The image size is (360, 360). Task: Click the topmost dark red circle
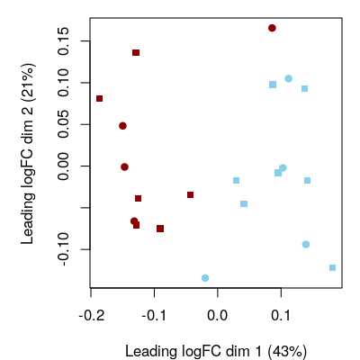coord(272,28)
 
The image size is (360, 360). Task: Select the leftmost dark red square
coord(99,98)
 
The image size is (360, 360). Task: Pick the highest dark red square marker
coord(136,53)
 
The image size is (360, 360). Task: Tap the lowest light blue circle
coord(205,278)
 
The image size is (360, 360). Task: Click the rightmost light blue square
coord(333,267)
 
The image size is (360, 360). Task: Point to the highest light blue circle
coord(288,78)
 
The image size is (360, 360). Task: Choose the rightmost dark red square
coord(190,194)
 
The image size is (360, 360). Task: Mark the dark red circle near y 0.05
coord(122,126)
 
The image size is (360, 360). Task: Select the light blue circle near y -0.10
coord(306,245)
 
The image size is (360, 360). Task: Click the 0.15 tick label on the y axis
coord(62,40)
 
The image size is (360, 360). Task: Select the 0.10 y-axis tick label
coord(62,83)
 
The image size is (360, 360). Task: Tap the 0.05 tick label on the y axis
coord(62,124)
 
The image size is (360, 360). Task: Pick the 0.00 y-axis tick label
coord(62,166)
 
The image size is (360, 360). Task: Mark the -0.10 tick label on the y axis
coord(62,247)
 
